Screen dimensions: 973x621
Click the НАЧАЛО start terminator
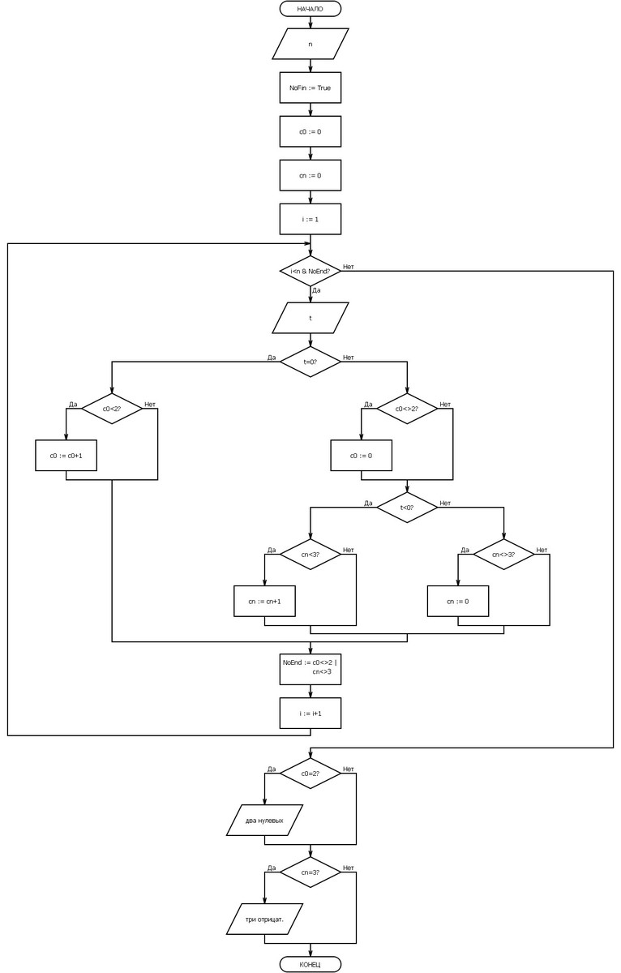pyautogui.click(x=310, y=9)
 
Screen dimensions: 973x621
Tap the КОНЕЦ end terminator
pyautogui.click(x=310, y=964)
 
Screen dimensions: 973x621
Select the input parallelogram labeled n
pyautogui.click(x=310, y=44)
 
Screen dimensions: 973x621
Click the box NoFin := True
pyautogui.click(x=310, y=88)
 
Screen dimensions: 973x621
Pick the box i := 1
pyautogui.click(x=310, y=219)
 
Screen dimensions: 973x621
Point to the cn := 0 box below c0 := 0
pyautogui.click(x=310, y=175)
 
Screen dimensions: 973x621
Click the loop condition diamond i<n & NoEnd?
pyautogui.click(x=310, y=272)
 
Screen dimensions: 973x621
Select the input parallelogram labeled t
pyautogui.click(x=310, y=318)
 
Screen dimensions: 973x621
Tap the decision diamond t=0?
pyautogui.click(x=310, y=362)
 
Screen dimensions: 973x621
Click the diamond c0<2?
pyautogui.click(x=112, y=409)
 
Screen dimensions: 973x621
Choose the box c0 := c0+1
pyautogui.click(x=66, y=456)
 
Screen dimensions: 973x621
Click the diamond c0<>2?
pyautogui.click(x=407, y=409)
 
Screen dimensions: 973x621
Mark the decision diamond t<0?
pyautogui.click(x=407, y=508)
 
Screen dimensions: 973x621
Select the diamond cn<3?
pyautogui.click(x=310, y=555)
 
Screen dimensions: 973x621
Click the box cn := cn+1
pyautogui.click(x=264, y=602)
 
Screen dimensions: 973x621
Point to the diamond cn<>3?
pyautogui.click(x=503, y=555)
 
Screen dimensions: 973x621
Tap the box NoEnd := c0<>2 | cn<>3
pyautogui.click(x=310, y=667)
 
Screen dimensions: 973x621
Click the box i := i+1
pyautogui.click(x=310, y=713)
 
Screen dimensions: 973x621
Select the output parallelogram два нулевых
pyautogui.click(x=264, y=821)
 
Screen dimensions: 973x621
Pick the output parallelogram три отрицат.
pyautogui.click(x=264, y=919)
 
